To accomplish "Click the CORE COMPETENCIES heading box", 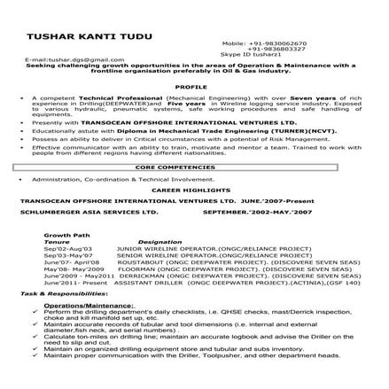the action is coord(193,166).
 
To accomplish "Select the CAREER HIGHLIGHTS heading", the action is coord(193,190).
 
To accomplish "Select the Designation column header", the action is coord(159,240).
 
